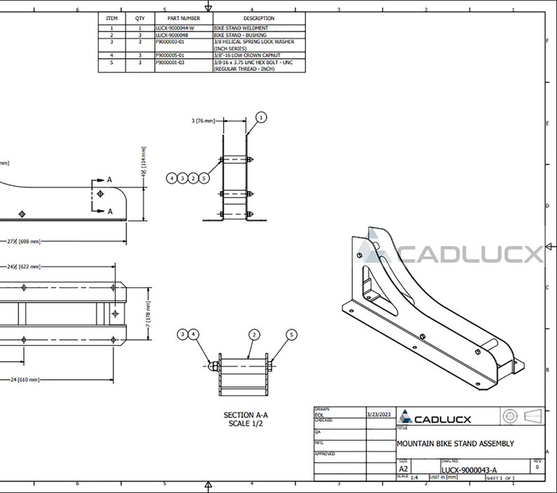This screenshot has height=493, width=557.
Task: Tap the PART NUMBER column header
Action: click(x=184, y=18)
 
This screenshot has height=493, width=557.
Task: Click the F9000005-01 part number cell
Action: click(x=170, y=54)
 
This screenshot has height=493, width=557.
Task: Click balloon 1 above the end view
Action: click(x=261, y=118)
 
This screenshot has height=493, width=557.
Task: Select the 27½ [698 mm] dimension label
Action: click(x=24, y=241)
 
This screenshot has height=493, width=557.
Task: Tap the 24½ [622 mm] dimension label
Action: click(x=24, y=266)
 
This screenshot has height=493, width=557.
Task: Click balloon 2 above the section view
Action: click(x=254, y=335)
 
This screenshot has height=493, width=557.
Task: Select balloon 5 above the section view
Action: click(x=292, y=335)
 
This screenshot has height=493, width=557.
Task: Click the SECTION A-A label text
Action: click(x=246, y=415)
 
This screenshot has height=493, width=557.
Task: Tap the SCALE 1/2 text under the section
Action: click(x=246, y=424)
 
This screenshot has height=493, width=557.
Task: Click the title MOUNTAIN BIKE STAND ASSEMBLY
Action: click(x=455, y=443)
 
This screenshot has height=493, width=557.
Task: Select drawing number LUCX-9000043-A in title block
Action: click(x=469, y=470)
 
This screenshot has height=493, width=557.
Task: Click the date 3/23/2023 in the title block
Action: click(x=378, y=414)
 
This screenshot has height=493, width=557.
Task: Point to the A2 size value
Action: click(x=404, y=468)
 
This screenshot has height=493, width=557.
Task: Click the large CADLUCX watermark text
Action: click(x=470, y=254)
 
